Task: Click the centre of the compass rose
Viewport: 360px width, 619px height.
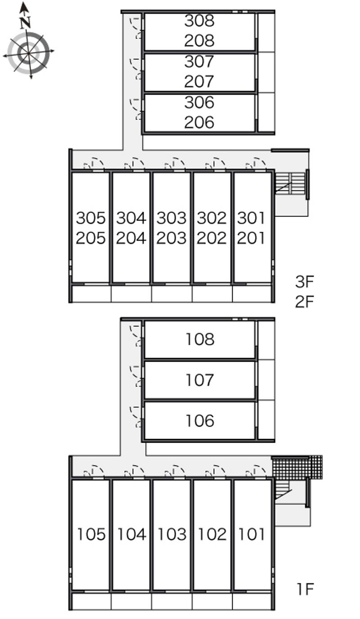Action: click(x=28, y=53)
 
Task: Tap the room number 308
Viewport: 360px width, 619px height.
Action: click(x=199, y=21)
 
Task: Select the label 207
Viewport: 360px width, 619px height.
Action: click(x=199, y=81)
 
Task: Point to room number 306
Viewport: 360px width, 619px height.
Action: click(x=199, y=102)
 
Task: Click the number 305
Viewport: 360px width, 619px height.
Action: click(x=91, y=218)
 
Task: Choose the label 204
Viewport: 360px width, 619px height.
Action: click(x=131, y=238)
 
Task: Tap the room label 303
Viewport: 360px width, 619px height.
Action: click(x=171, y=218)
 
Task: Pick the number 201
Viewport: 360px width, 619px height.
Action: click(x=251, y=238)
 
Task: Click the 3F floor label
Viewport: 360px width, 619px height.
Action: click(x=304, y=282)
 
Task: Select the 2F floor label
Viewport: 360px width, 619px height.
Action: click(x=304, y=302)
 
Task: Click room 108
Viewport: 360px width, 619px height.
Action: click(x=200, y=339)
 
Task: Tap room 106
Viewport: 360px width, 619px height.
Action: click(x=200, y=421)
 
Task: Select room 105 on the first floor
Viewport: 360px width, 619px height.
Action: click(x=91, y=534)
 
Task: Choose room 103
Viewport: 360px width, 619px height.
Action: click(x=172, y=534)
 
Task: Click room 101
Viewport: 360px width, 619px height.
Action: click(x=252, y=534)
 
